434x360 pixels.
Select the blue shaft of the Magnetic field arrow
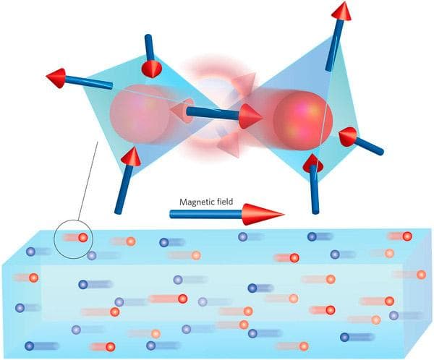click(x=206, y=214)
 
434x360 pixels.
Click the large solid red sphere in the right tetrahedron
click(x=302, y=121)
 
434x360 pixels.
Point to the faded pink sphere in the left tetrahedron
click(x=139, y=114)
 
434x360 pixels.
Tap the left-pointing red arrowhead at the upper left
click(x=56, y=78)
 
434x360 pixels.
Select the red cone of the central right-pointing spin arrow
click(x=250, y=116)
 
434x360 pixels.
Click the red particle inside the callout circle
click(x=82, y=238)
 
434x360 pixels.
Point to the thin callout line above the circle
click(x=88, y=181)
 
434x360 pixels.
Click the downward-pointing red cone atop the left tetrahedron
click(x=151, y=69)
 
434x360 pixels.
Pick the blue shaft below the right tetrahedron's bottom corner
click(x=315, y=190)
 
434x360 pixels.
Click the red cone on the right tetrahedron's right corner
click(x=348, y=137)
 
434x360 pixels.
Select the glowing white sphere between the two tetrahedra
click(x=213, y=109)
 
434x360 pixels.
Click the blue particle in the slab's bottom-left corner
click(x=30, y=346)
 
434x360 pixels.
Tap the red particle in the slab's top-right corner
click(x=407, y=236)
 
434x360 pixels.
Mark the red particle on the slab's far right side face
click(x=421, y=275)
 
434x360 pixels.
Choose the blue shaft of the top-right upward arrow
click(x=334, y=44)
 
